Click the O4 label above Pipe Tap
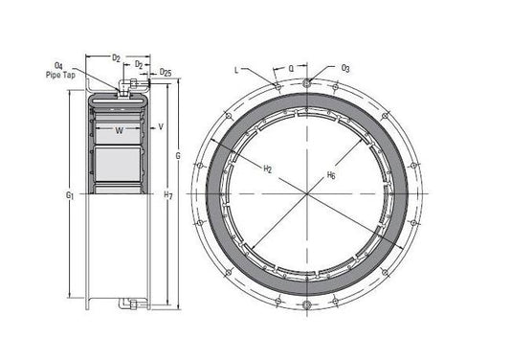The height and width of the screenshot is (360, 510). click(58, 66)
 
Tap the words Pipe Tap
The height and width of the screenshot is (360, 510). click(60, 76)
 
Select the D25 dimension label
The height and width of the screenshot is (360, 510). click(166, 72)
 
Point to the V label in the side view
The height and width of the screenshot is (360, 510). click(161, 126)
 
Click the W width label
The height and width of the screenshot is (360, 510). click(120, 131)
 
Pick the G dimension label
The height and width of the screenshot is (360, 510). click(178, 156)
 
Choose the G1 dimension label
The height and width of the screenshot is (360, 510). click(70, 195)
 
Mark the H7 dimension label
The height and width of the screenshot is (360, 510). click(168, 195)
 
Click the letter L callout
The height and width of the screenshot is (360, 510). click(236, 70)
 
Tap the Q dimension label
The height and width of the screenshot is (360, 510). click(291, 68)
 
